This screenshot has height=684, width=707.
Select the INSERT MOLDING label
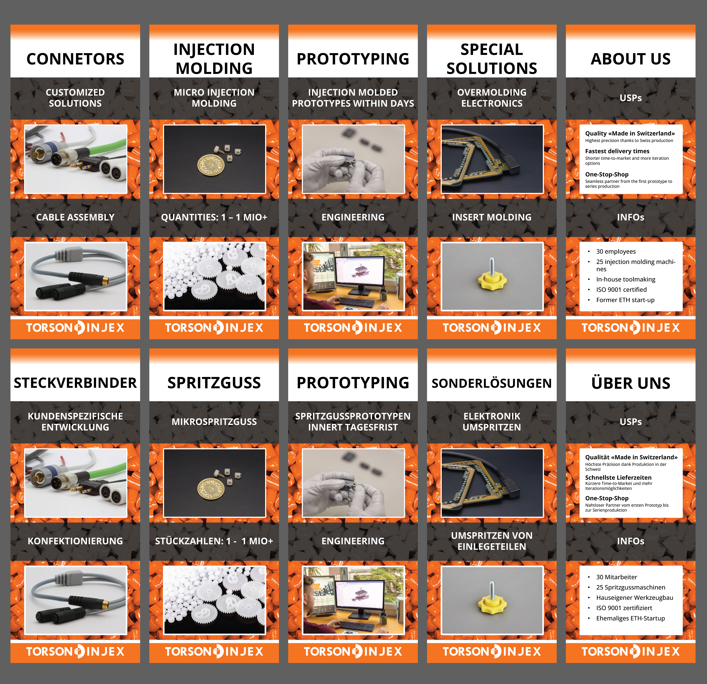click(x=492, y=217)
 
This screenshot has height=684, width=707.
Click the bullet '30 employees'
click(x=616, y=251)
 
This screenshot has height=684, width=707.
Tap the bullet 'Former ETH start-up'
click(x=625, y=300)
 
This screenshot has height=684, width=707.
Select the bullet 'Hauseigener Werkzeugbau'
click(x=634, y=598)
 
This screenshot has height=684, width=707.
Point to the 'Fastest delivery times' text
click(x=617, y=151)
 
